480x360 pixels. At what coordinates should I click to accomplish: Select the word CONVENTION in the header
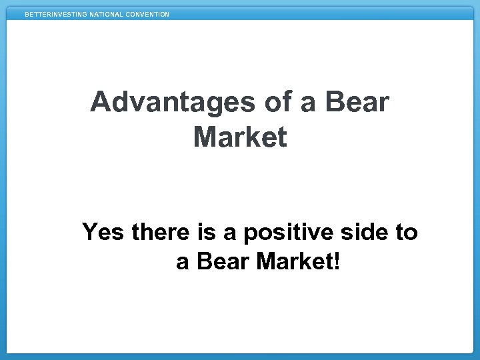point(147,14)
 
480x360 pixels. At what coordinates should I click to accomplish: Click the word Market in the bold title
point(240,138)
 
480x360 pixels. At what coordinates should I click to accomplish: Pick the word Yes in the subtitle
point(103,233)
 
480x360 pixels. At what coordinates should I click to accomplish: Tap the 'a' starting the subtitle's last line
point(182,263)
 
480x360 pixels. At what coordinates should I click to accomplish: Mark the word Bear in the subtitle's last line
point(222,262)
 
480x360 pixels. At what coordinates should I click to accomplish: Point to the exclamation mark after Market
point(336,262)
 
